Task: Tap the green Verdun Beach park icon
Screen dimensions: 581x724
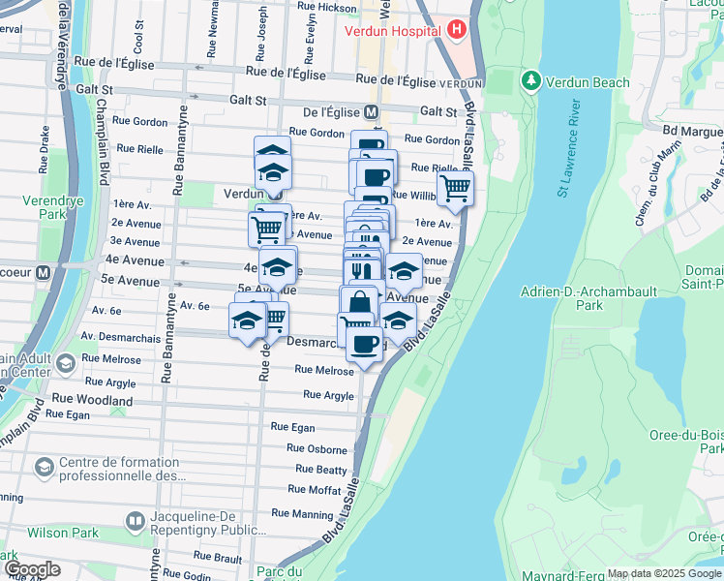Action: [529, 81]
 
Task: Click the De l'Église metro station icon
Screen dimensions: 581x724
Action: [371, 111]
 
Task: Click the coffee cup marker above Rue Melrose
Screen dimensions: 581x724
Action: [364, 345]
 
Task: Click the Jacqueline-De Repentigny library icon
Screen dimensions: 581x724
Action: [135, 523]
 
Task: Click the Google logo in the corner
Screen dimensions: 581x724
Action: [31, 569]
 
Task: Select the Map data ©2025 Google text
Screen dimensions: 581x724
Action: [664, 573]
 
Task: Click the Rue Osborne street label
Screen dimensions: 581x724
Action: [317, 449]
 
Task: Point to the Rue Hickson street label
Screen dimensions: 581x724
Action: [324, 8]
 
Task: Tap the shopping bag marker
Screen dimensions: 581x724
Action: [359, 302]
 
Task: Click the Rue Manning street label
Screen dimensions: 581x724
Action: [302, 513]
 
